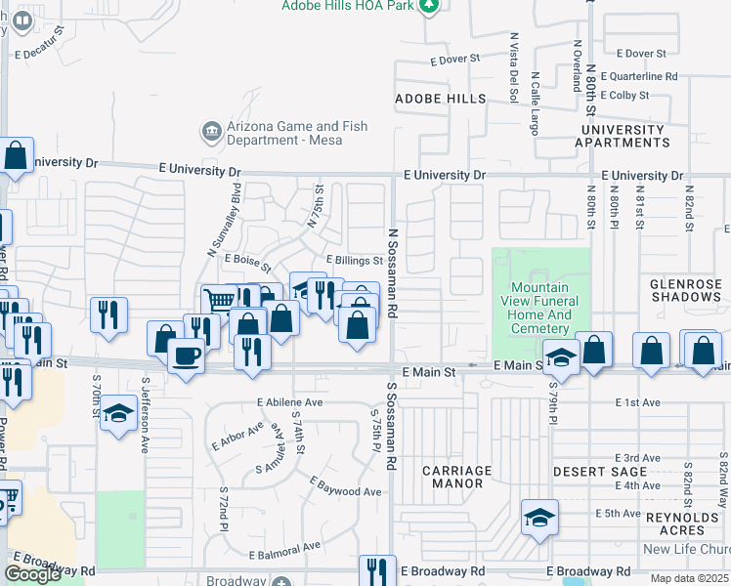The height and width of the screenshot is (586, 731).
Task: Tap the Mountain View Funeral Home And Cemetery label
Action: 539,308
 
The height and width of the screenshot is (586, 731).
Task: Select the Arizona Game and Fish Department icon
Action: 210,131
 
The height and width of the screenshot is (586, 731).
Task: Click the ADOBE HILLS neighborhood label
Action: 440,99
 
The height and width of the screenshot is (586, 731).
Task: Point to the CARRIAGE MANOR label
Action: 456,477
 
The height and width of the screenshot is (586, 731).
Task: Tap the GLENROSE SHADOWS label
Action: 685,289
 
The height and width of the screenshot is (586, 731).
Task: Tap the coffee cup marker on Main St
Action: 185,356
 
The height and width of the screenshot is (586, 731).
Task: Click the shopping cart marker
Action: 219,300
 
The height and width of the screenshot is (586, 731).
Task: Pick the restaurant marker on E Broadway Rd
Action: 377,570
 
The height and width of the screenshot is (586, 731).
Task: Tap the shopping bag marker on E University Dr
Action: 17,155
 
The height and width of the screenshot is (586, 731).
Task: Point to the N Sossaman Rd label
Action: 393,273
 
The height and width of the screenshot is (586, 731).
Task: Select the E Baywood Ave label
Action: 346,485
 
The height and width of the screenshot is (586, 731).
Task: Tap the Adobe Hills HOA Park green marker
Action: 428,6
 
